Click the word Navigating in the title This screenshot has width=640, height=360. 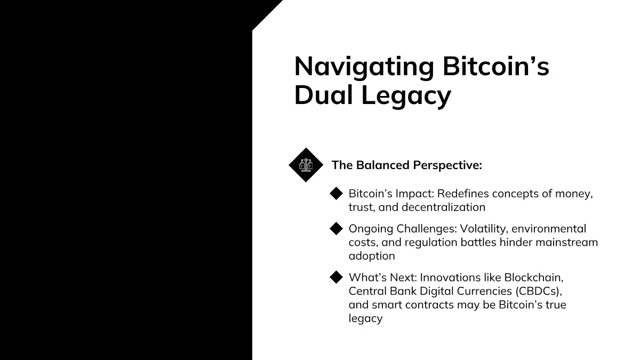pyautogui.click(x=364, y=67)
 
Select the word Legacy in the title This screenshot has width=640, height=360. pyautogui.click(x=406, y=97)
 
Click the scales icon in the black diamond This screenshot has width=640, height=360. pyautogui.click(x=306, y=165)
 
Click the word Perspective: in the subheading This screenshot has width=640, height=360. pyautogui.click(x=447, y=166)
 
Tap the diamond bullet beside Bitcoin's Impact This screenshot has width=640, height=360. pyautogui.click(x=336, y=194)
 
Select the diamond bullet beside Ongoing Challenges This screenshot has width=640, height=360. pyautogui.click(x=336, y=229)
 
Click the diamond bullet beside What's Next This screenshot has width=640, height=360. pyautogui.click(x=336, y=277)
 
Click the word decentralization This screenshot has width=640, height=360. pyautogui.click(x=443, y=207)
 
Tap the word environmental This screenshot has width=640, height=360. pyautogui.click(x=549, y=229)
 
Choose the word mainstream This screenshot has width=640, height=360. pyautogui.click(x=566, y=243)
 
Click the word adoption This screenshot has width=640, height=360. pyautogui.click(x=372, y=257)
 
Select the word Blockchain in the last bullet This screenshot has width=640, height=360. pyautogui.click(x=534, y=278)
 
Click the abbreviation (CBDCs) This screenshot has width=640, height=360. pyautogui.click(x=539, y=291)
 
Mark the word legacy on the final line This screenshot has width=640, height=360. pyautogui.click(x=365, y=319)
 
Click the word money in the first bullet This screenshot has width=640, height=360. pyautogui.click(x=574, y=194)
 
